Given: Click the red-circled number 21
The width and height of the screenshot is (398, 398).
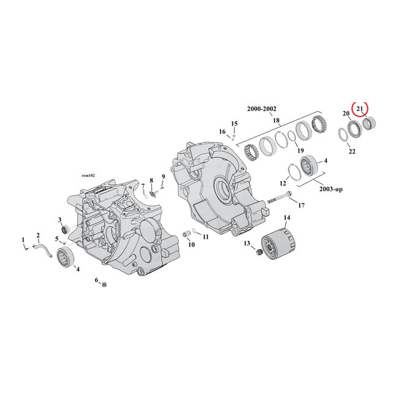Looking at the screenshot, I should [x=361, y=110].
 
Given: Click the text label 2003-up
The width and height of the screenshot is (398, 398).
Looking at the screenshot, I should [x=329, y=189].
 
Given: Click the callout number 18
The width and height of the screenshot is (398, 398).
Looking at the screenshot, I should [x=276, y=120].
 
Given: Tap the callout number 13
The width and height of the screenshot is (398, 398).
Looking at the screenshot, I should [x=247, y=243].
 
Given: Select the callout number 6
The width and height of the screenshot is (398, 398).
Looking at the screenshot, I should [x=96, y=280].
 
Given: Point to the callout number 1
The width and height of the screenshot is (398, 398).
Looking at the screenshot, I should [x=23, y=239].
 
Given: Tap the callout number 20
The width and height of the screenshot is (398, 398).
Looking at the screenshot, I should [x=346, y=114].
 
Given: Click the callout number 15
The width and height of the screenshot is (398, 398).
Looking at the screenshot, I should [x=234, y=124].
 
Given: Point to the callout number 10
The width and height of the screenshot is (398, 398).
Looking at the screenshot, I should [x=191, y=244].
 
